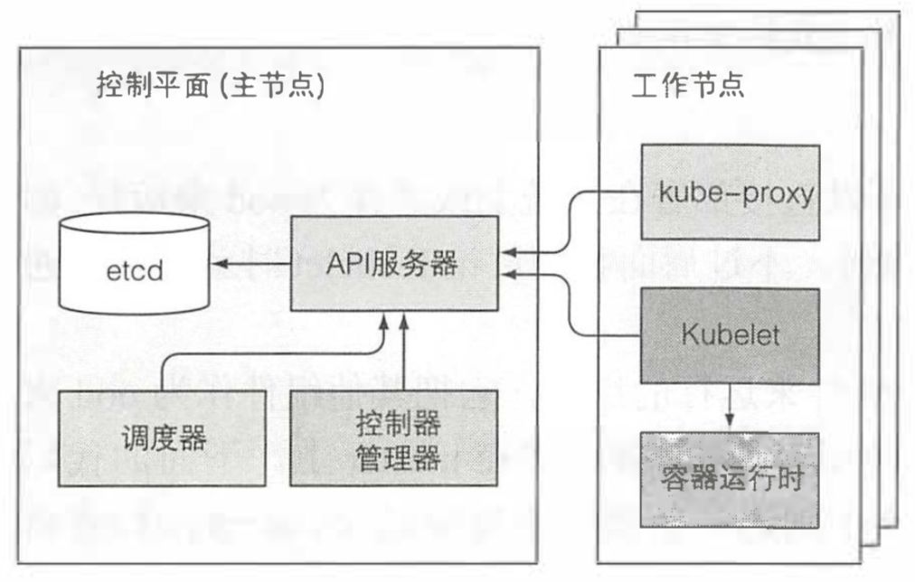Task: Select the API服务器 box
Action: click(393, 263)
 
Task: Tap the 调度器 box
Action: click(163, 438)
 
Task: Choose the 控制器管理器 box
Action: click(393, 438)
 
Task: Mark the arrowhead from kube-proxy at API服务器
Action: click(505, 252)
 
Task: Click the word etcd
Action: click(132, 270)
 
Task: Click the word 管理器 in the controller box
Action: click(393, 458)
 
